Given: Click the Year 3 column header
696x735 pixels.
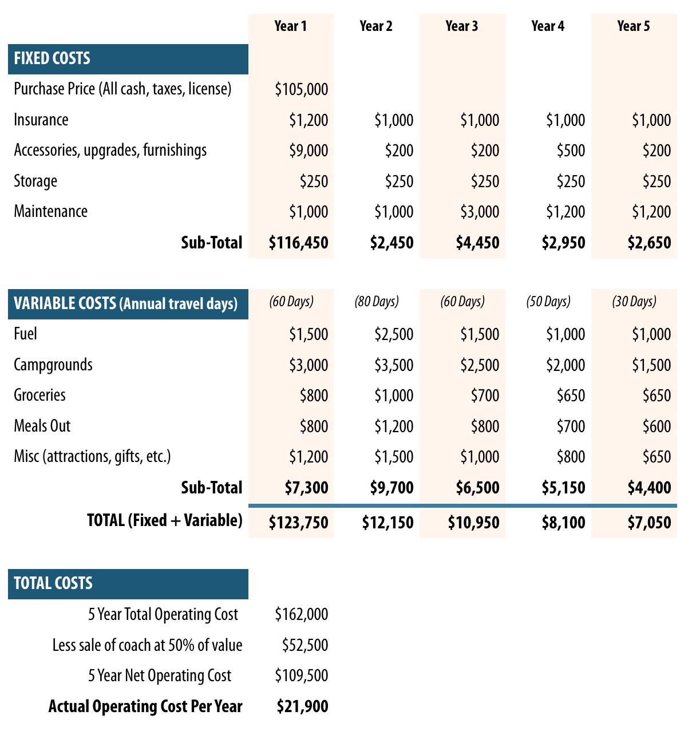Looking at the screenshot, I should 461,26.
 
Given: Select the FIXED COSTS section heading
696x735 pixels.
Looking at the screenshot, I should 52,59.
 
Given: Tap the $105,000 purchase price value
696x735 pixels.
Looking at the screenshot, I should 301,89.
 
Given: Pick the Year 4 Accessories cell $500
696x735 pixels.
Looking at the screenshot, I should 571,151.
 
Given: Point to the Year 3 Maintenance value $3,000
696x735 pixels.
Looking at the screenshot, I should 479,212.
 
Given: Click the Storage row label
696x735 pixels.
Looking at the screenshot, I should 35,181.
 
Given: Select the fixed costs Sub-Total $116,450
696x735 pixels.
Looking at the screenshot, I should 298,243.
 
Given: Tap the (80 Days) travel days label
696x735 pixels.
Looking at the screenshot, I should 377,302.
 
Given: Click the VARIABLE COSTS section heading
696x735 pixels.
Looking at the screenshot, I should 125,304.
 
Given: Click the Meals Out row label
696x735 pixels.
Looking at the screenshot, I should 42,426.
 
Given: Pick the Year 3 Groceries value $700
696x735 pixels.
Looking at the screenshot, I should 485,396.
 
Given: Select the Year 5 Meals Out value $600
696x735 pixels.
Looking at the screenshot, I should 657,426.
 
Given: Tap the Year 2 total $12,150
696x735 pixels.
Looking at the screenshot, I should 387,523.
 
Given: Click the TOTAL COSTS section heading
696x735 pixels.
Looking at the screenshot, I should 53,584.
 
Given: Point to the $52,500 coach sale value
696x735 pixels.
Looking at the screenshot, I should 304,646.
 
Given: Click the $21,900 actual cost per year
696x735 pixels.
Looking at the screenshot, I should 302,707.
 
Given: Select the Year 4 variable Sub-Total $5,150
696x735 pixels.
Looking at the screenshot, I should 563,488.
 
